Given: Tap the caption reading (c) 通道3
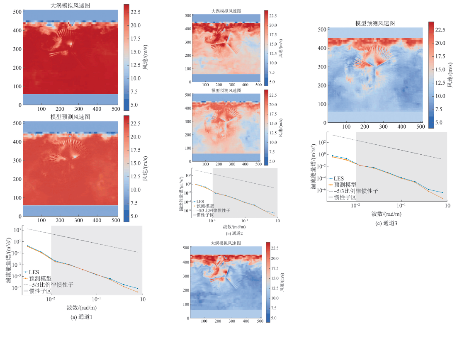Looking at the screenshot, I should click(386, 223).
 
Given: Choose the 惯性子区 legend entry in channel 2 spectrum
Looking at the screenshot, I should click(205, 215).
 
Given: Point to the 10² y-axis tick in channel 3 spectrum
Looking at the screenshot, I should click(321, 142).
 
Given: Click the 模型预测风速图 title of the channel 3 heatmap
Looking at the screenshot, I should click(375, 23).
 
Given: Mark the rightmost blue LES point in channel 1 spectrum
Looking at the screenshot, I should click(137, 288).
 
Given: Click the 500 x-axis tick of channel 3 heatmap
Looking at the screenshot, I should click(418, 126).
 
